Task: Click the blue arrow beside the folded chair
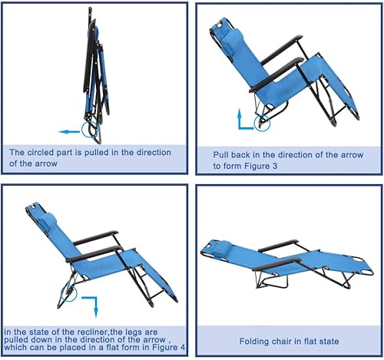pos(71,131)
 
